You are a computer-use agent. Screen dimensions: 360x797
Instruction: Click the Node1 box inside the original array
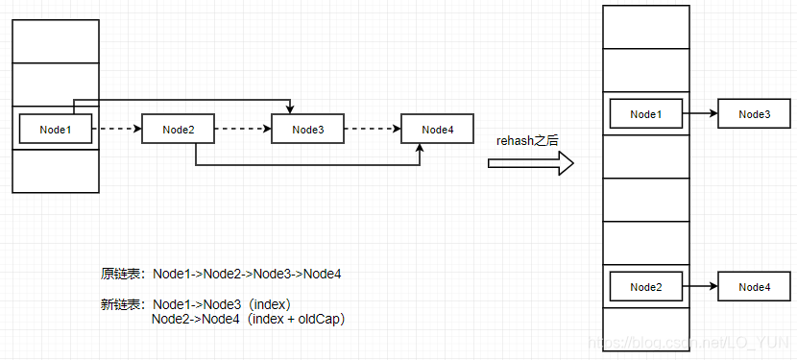(x=55, y=130)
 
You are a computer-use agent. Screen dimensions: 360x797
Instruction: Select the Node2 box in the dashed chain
(x=178, y=130)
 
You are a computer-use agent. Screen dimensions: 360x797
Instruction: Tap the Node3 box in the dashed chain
(x=307, y=130)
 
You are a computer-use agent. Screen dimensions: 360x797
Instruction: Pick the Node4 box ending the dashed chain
(x=437, y=130)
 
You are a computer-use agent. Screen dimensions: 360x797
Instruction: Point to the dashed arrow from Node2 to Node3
(x=242, y=130)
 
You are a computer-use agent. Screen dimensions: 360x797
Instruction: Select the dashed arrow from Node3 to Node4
(x=372, y=130)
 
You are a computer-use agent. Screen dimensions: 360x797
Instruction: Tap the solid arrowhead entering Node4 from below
(x=420, y=150)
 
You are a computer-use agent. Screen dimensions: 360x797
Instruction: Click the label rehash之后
(x=527, y=140)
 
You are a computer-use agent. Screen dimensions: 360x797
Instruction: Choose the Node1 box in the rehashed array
(x=645, y=114)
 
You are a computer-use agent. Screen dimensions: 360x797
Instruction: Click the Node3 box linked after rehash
(x=754, y=114)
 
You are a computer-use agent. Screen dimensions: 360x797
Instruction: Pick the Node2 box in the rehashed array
(x=645, y=286)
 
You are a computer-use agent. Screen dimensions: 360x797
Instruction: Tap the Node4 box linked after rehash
(x=754, y=286)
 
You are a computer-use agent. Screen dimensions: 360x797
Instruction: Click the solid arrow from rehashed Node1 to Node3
(x=700, y=114)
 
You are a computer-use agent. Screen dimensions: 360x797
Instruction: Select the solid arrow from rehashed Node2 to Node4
(x=700, y=286)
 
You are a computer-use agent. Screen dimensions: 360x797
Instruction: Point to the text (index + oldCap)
(x=296, y=319)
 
